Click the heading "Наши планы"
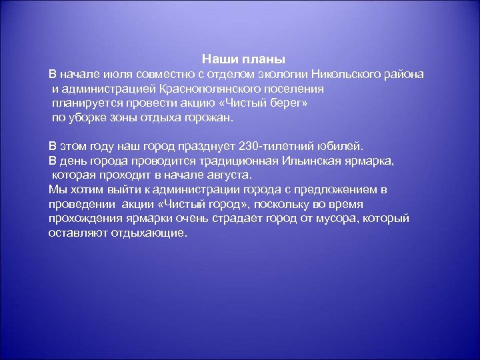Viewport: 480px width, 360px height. [243, 59]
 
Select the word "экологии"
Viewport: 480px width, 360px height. [281, 74]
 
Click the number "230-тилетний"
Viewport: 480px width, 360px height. [274, 145]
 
